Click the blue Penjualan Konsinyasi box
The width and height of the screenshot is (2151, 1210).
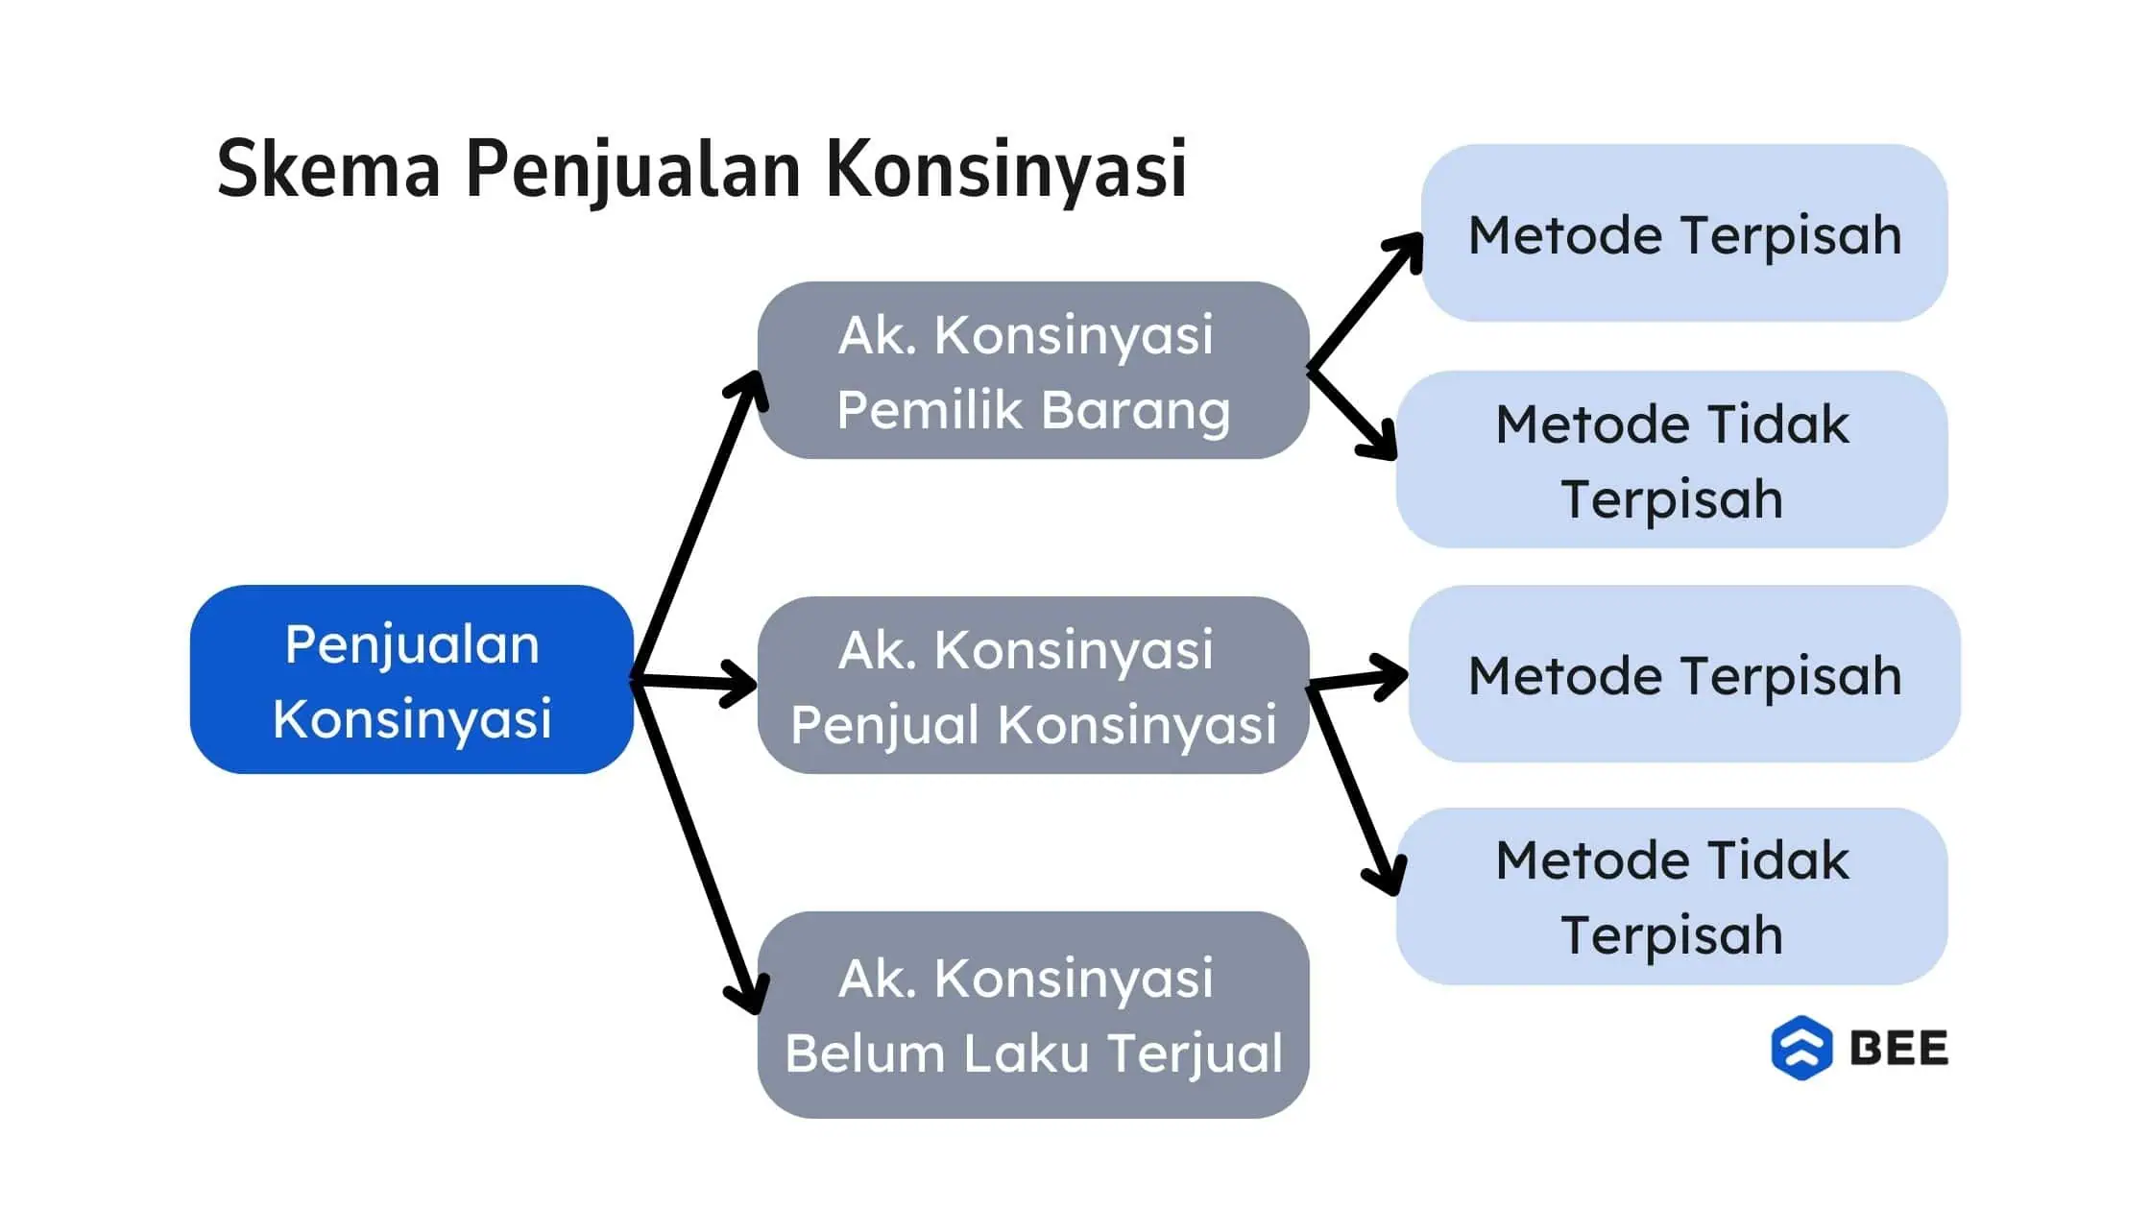click(x=412, y=680)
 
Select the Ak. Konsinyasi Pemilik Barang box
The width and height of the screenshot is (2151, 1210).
click(x=1033, y=371)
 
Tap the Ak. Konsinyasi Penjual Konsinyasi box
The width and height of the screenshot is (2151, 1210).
click(x=1033, y=685)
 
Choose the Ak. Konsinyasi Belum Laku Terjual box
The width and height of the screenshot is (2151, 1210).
click(x=1033, y=1015)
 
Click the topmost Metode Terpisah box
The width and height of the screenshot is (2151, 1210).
click(x=1684, y=233)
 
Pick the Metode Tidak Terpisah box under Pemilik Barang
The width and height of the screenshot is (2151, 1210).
click(x=1672, y=460)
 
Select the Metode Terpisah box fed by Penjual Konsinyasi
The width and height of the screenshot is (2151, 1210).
click(x=1684, y=674)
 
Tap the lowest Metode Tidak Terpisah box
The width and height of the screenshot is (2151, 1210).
click(x=1672, y=896)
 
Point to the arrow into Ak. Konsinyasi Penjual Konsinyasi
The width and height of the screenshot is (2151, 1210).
click(x=694, y=682)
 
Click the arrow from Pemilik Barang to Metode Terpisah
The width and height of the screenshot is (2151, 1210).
click(x=1366, y=301)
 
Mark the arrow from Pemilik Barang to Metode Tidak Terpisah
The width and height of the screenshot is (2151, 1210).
click(x=1352, y=414)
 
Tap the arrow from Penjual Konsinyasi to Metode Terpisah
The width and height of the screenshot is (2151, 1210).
click(x=1358, y=678)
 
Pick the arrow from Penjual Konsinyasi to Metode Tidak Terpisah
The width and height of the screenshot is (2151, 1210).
click(x=1356, y=790)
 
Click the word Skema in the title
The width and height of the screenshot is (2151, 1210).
click(x=328, y=169)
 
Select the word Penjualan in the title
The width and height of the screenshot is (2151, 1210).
click(x=634, y=171)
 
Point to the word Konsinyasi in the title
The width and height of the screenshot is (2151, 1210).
click(x=1007, y=171)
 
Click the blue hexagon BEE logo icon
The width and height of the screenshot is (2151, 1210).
click(x=1801, y=1048)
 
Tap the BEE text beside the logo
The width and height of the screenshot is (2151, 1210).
click(x=1899, y=1048)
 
